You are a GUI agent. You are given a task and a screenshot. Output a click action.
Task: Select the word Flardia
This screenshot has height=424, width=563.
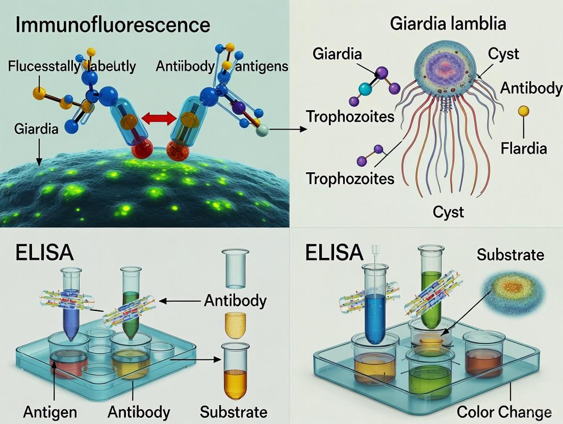click(523, 148)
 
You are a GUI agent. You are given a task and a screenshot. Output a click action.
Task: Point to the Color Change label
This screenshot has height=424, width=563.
click(504, 411)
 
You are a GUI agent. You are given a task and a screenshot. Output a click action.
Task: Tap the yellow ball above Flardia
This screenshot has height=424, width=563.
click(523, 111)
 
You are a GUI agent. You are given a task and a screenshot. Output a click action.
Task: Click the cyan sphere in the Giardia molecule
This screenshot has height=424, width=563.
click(365, 90)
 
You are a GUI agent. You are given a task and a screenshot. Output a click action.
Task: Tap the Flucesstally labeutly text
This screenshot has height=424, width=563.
click(72, 66)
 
